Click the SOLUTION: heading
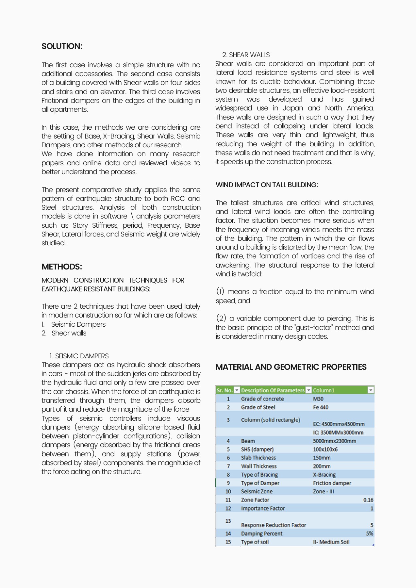coord(62,46)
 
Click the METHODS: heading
coord(61,267)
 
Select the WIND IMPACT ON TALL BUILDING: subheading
coord(267,185)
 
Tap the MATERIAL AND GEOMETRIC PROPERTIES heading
coord(291,367)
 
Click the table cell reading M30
coord(318,399)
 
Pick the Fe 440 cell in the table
coord(321,407)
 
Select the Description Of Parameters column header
coord(273,390)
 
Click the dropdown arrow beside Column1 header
coord(371,390)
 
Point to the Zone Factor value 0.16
coord(368,500)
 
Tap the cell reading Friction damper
coord(332,483)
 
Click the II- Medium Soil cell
coord(331,542)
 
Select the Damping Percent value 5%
coord(369,533)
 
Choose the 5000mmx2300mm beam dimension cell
coord(334,441)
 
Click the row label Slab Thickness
coord(258,458)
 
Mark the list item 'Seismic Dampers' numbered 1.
coord(78,324)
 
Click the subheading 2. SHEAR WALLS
coord(246,55)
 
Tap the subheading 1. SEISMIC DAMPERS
coord(79,356)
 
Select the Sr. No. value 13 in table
coord(228,521)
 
